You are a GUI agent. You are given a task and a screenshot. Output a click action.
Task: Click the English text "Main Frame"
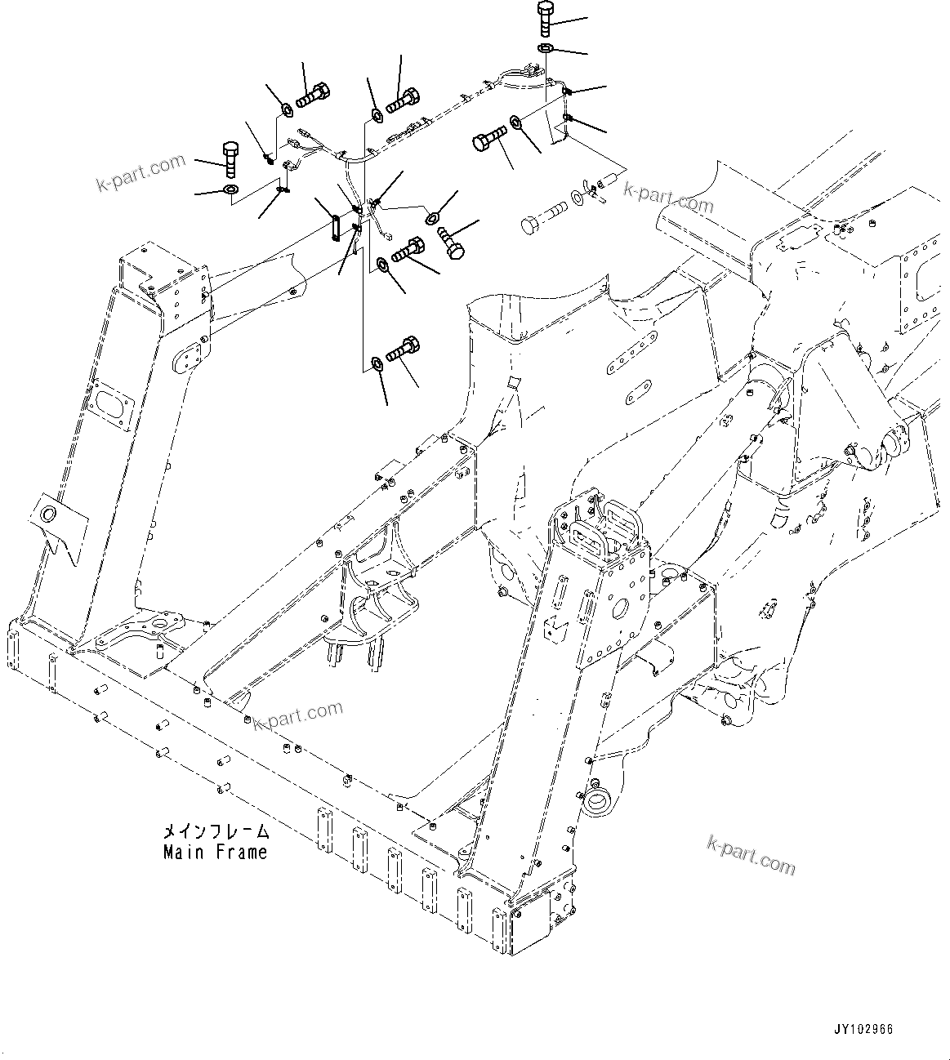[x=215, y=853]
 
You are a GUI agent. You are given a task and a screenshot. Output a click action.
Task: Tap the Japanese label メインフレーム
[x=215, y=832]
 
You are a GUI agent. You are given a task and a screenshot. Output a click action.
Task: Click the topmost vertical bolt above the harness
[x=546, y=19]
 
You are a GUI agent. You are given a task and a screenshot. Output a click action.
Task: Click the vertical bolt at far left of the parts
[x=230, y=159]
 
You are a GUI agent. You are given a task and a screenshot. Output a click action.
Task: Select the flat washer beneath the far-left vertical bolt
[x=230, y=191]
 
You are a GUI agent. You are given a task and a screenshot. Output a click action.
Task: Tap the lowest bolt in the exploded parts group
[x=404, y=350]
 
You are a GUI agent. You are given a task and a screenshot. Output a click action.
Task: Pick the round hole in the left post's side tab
[x=49, y=514]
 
